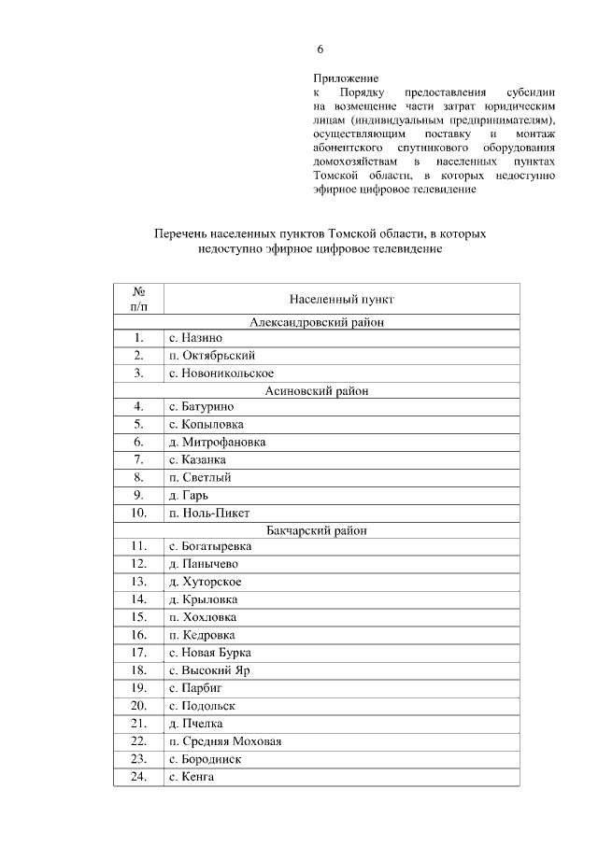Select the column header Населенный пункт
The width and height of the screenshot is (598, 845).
click(342, 300)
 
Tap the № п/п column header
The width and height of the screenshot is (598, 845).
click(138, 299)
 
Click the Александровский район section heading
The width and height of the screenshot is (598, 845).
click(318, 322)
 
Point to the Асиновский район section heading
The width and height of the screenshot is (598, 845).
click(318, 391)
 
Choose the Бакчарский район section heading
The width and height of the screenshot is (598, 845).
click(318, 530)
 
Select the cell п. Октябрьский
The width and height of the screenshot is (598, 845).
click(212, 356)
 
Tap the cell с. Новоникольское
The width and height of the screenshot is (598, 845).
click(221, 373)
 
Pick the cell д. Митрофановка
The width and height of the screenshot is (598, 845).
click(217, 443)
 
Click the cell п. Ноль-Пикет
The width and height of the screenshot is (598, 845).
click(209, 513)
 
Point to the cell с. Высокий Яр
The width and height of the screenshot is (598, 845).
click(210, 669)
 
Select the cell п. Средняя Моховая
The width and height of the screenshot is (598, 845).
click(225, 741)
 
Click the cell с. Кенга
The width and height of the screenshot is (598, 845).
click(192, 776)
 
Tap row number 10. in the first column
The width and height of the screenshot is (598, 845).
click(138, 513)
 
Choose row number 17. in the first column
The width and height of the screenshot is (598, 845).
click(138, 653)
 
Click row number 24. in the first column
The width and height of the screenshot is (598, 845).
click(138, 776)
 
